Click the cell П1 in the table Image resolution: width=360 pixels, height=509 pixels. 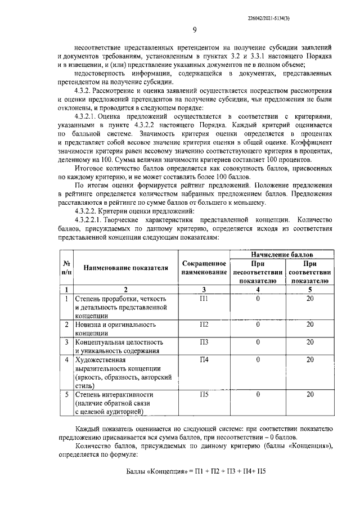point(204,299)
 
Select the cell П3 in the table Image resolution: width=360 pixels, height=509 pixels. point(204,342)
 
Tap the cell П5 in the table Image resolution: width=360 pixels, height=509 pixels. point(204,394)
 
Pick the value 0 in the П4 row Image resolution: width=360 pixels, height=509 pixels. point(258,359)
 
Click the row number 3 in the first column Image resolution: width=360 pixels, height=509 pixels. point(66,342)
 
